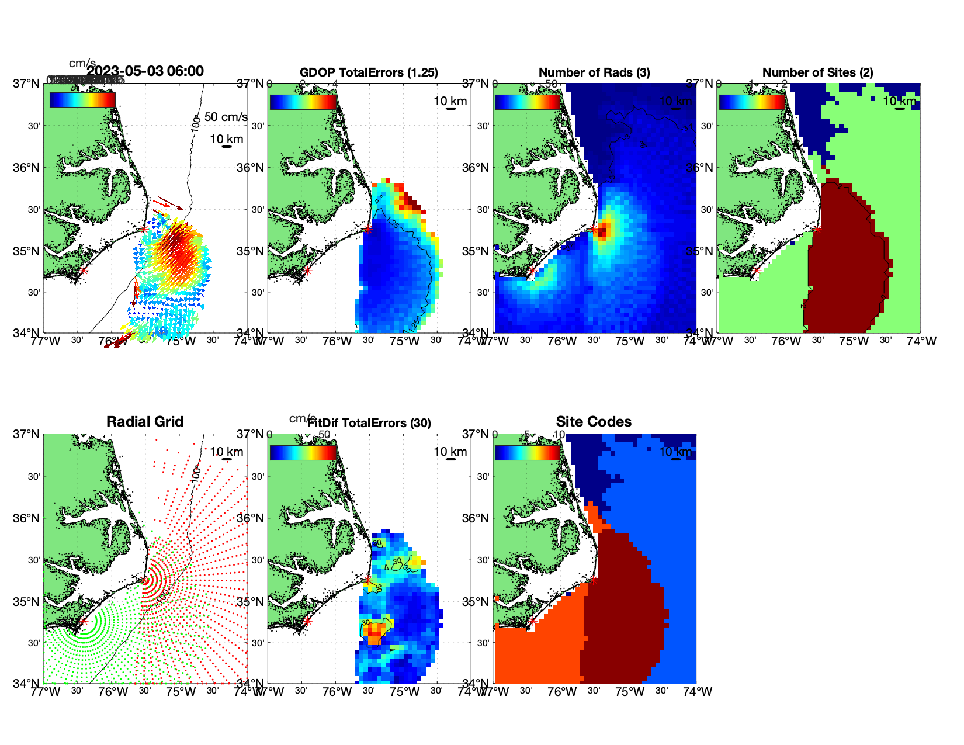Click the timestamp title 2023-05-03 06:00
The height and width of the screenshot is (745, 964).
pos(145,71)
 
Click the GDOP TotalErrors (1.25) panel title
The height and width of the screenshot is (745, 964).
pos(369,72)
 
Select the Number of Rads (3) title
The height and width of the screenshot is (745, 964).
pos(594,72)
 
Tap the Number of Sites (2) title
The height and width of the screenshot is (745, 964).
pos(818,72)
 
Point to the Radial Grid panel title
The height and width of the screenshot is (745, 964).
pos(145,422)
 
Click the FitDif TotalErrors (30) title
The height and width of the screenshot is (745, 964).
pos(369,423)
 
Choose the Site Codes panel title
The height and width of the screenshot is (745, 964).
pos(594,422)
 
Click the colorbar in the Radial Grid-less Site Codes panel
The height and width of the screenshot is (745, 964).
pos(528,453)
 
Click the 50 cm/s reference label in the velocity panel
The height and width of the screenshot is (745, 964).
pos(226,117)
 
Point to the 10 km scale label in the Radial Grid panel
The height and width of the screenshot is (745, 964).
pos(227,452)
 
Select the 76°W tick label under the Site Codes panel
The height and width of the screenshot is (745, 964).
pos(562,692)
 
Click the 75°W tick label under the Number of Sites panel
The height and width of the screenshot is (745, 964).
pos(854,341)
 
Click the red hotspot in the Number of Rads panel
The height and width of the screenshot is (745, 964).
pos(604,230)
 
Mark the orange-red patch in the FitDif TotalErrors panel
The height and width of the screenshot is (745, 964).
pos(374,630)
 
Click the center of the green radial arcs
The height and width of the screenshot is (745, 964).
pos(83,622)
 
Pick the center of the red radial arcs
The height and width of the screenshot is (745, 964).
pos(144,580)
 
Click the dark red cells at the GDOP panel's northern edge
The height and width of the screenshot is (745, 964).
pos(412,203)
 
